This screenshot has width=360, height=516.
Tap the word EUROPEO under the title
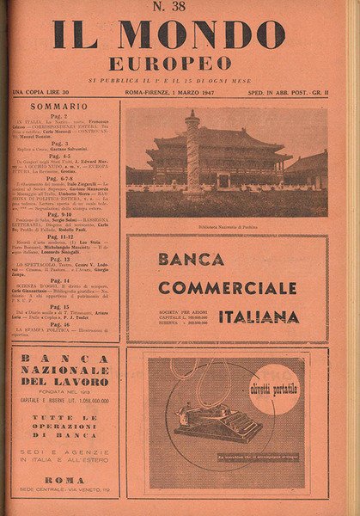coord(169,64)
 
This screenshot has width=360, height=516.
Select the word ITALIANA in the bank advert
coord(258,316)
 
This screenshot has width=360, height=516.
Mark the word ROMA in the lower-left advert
coord(64,480)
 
